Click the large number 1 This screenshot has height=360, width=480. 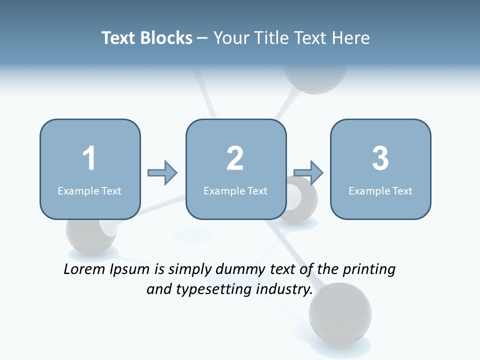pyautogui.click(x=89, y=158)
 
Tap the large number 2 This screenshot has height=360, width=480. pyautogui.click(x=235, y=158)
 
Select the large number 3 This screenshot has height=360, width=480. pyautogui.click(x=380, y=158)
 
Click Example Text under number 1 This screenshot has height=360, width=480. pyautogui.click(x=89, y=191)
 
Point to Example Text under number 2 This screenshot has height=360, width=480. pyautogui.click(x=235, y=191)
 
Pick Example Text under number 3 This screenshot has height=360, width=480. pyautogui.click(x=380, y=191)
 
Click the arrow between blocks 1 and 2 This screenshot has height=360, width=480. pyautogui.click(x=162, y=173)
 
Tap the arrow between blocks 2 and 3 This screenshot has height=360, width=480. pyautogui.click(x=308, y=173)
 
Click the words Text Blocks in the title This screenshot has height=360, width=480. pyautogui.click(x=147, y=38)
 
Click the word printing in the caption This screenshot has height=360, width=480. pyautogui.click(x=369, y=270)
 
